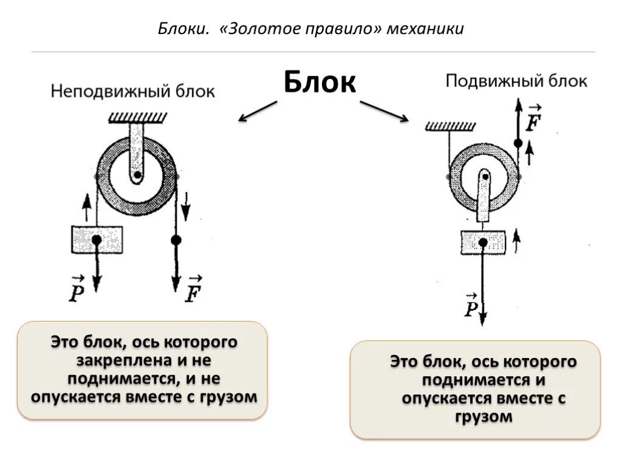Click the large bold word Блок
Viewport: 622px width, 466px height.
pos(320,81)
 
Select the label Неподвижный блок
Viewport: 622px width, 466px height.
pos(132,92)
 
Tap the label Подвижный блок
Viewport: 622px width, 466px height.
pos(516,81)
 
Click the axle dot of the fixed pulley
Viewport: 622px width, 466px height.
pos(138,176)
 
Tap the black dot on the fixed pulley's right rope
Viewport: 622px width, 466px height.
pos(176,240)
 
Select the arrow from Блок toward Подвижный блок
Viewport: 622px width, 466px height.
pos(384,111)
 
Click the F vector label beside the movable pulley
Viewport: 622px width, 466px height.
pos(534,120)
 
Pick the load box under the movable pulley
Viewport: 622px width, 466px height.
pos(482,242)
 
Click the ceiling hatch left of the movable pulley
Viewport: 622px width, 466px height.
pos(449,126)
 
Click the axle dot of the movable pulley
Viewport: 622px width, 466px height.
pos(484,178)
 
